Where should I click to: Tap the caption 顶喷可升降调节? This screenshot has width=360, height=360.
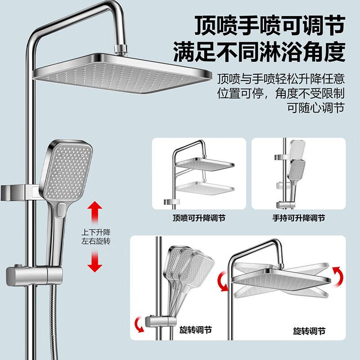[x=199, y=218]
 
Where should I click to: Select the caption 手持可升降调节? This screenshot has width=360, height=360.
[x=298, y=218]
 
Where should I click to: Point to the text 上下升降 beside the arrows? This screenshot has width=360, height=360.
[x=95, y=233]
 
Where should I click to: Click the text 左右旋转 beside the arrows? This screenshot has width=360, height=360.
[x=95, y=242]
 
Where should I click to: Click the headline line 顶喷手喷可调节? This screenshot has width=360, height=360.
[x=269, y=27]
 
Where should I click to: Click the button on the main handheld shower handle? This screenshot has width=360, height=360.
[x=60, y=210]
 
